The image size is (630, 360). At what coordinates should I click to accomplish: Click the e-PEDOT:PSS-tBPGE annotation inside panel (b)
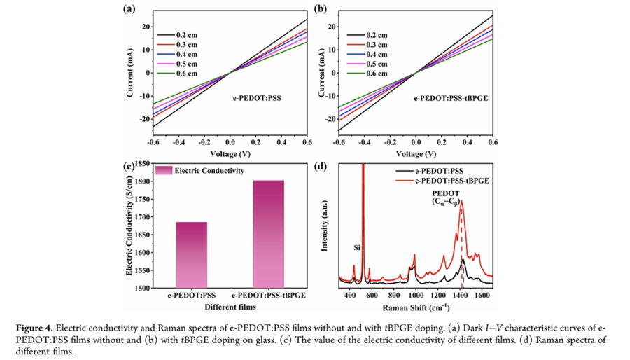point(451,98)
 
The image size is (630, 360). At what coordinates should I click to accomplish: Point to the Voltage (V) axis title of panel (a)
point(230,153)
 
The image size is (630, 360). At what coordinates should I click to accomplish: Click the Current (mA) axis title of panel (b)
point(321,72)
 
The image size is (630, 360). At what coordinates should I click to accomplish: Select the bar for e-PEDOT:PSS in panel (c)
point(187,254)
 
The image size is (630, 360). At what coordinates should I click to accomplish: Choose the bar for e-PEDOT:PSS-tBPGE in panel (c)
point(269,234)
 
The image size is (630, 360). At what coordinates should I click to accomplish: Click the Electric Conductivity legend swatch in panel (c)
point(164,170)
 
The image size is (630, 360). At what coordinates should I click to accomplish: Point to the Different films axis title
point(230,307)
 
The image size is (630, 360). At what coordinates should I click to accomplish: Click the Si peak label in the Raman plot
point(357,247)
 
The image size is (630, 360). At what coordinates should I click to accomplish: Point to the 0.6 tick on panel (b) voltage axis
point(492,141)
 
